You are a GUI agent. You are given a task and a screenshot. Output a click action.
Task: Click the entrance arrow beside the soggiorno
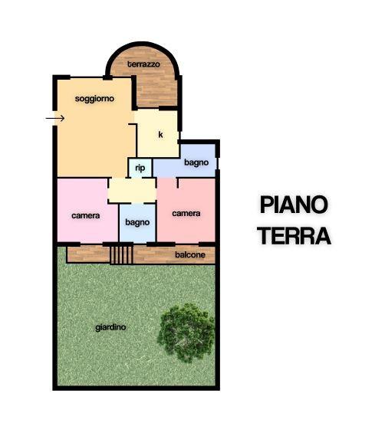tap(55, 118)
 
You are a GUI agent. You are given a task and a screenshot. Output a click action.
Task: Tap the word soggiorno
tap(94, 98)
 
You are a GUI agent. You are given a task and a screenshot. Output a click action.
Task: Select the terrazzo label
tap(143, 64)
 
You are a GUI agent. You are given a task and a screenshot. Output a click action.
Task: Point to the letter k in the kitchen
tap(160, 134)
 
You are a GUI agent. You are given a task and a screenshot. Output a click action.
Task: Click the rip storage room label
tap(140, 168)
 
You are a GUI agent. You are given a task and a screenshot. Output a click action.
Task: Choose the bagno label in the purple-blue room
tap(196, 162)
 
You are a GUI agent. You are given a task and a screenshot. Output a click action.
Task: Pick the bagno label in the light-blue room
tap(137, 222)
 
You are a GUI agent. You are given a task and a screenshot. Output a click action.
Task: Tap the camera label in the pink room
tap(86, 215)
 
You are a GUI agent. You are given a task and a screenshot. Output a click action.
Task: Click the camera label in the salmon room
tap(186, 213)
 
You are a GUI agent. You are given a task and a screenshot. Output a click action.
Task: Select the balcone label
tap(190, 254)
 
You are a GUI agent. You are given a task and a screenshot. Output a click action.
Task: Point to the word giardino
tap(110, 327)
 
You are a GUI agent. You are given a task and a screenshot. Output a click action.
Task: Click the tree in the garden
tap(186, 333)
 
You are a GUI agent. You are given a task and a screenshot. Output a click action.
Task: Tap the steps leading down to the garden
tap(121, 255)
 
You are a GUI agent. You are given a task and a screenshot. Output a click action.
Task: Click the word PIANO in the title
tap(294, 205)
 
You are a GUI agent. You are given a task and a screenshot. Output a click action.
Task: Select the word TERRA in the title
tap(295, 236)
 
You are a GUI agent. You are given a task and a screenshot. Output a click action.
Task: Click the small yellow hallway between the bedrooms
tap(132, 190)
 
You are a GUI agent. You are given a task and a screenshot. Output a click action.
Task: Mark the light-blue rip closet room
tap(140, 168)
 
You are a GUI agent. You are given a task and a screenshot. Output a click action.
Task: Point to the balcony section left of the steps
tap(88, 254)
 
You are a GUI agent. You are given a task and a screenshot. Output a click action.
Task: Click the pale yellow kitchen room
tap(157, 133)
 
